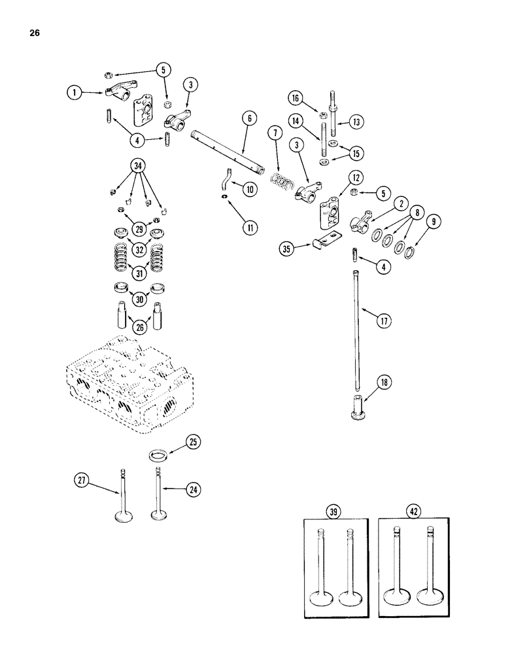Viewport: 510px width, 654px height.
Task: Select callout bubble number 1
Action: (76, 93)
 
